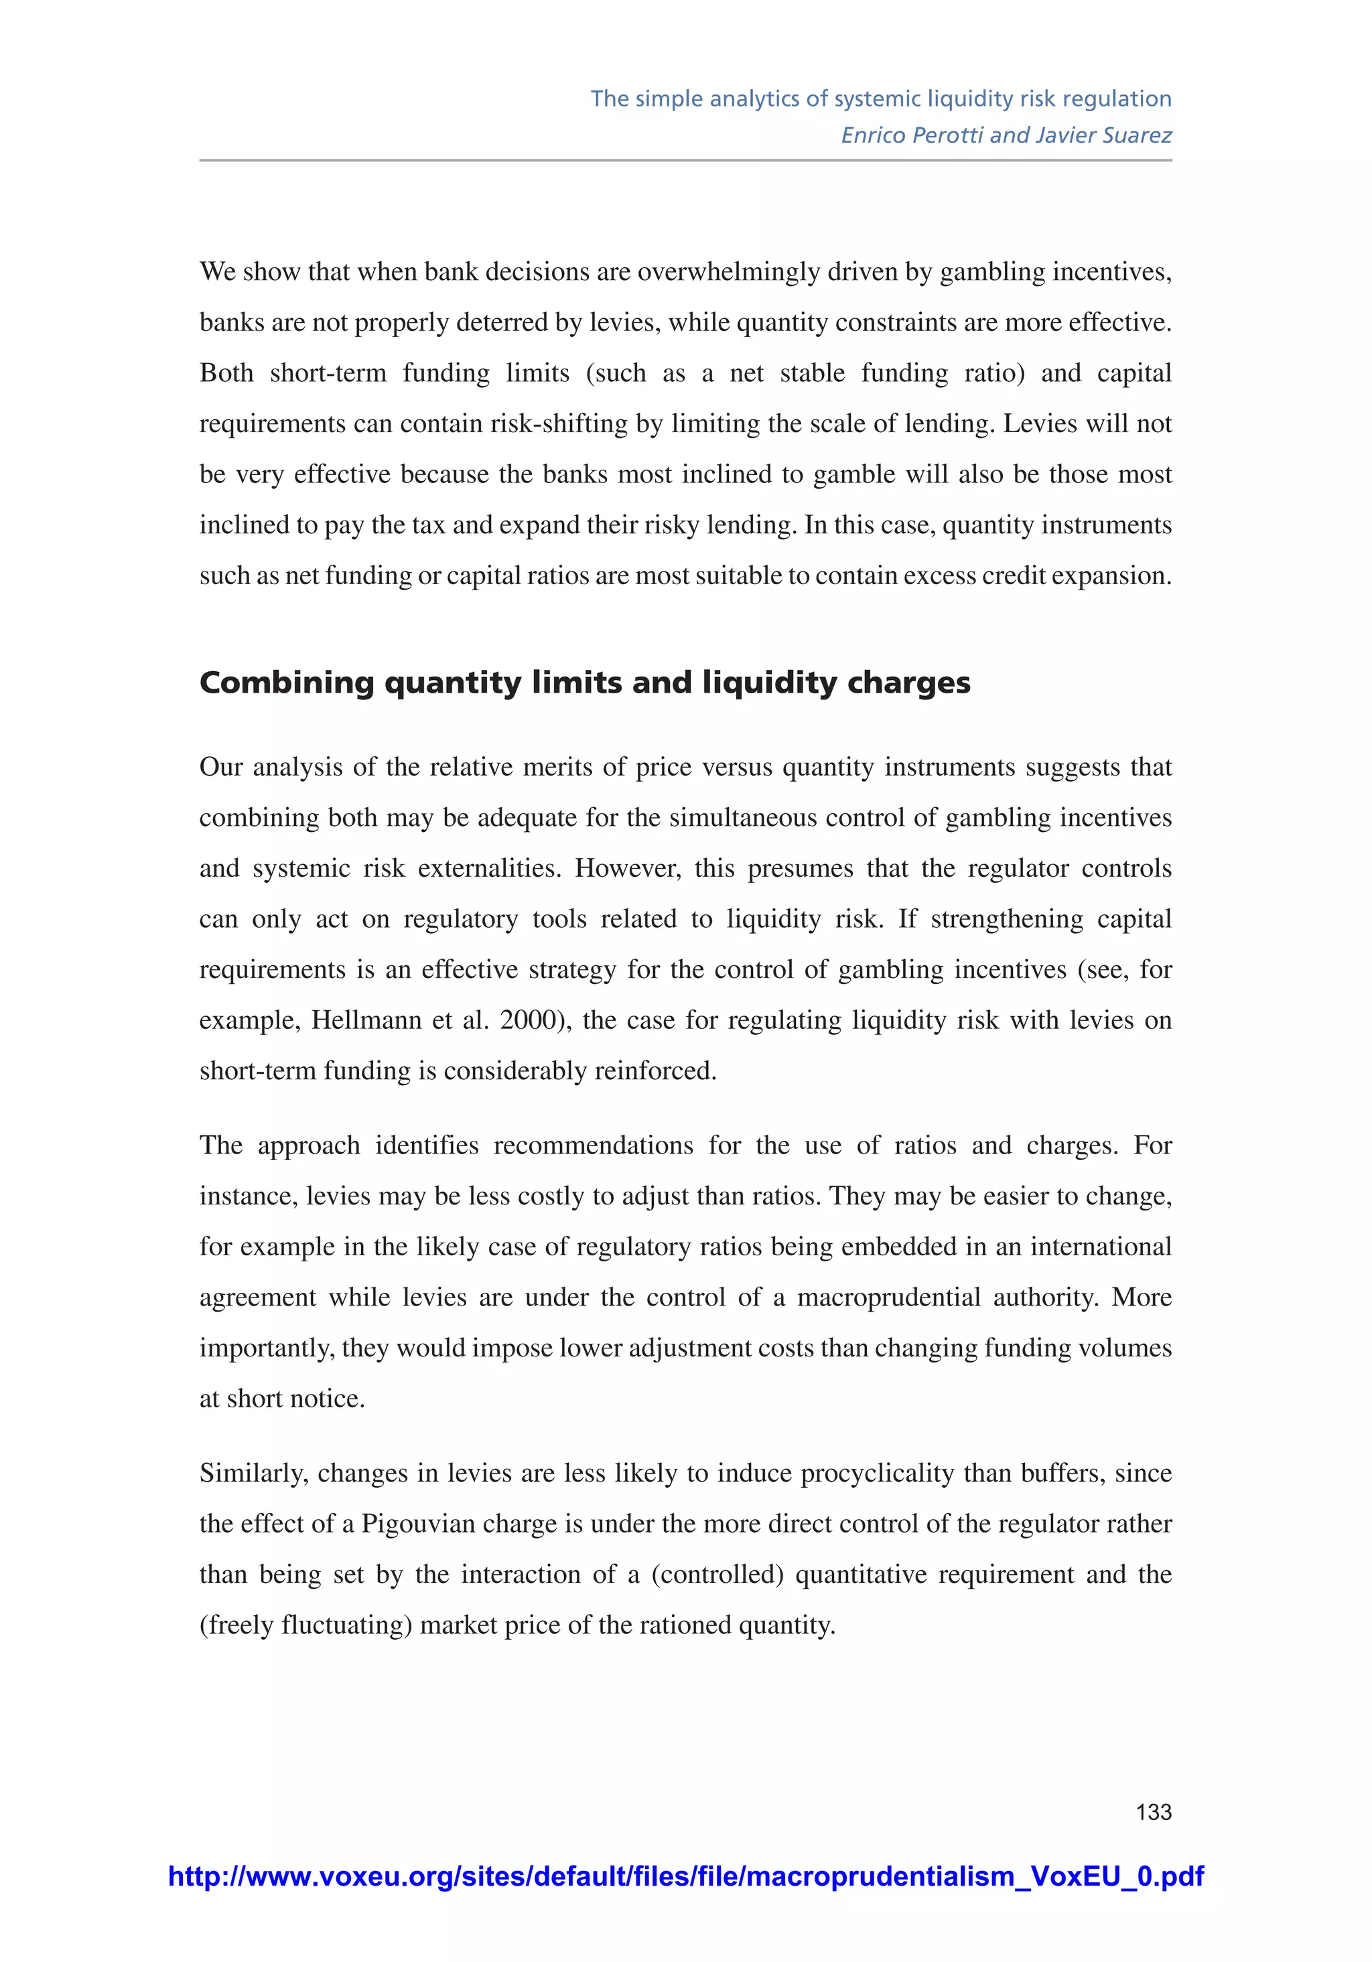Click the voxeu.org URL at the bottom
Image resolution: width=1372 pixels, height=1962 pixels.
(685, 1876)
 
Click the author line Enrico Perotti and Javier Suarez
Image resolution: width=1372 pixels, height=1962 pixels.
(1006, 135)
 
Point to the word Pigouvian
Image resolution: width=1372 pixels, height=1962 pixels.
(418, 1524)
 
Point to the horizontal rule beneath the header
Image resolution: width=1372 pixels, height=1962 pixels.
(685, 160)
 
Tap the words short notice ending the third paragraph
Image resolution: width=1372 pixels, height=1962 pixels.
(295, 1398)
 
